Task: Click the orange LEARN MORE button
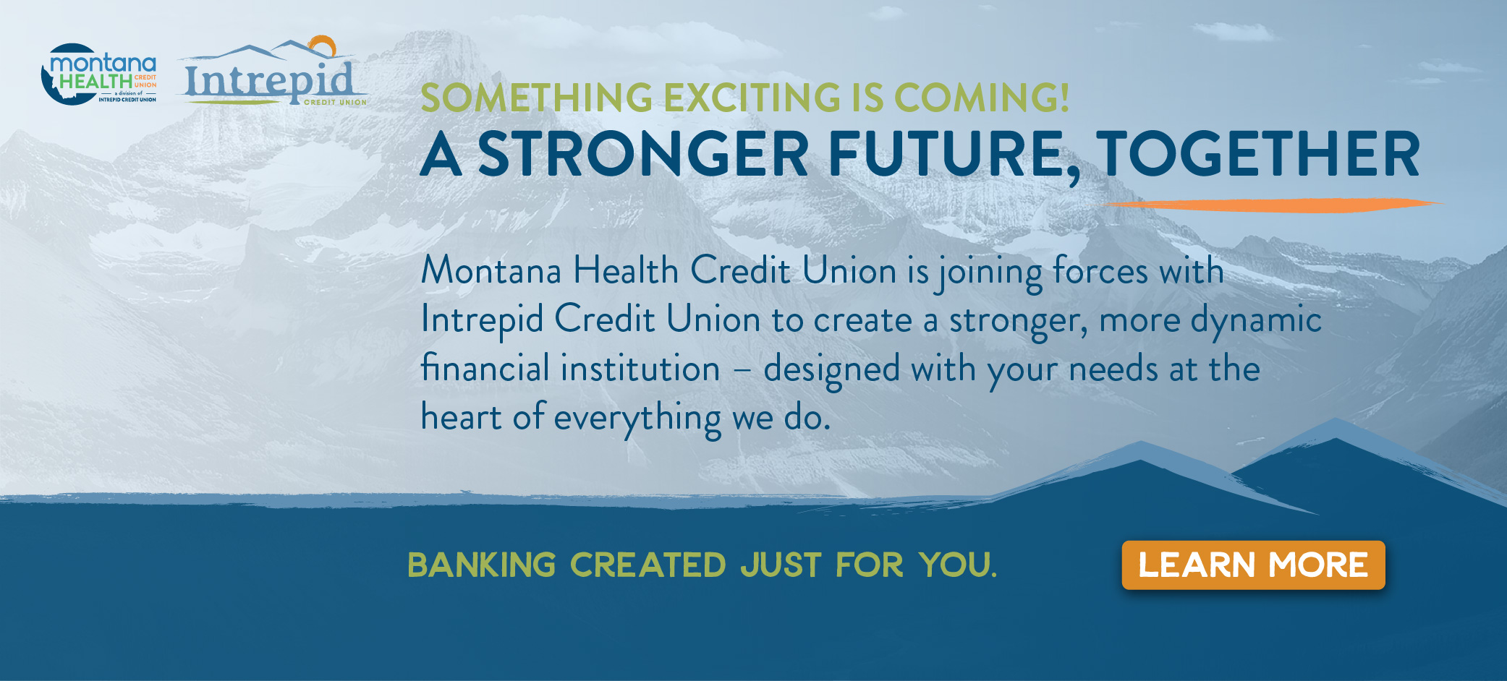click(1253, 565)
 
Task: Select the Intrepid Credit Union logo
click(272, 72)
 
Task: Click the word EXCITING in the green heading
click(752, 98)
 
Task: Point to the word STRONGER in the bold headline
click(642, 155)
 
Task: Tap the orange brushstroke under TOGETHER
click(1274, 205)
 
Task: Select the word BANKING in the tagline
click(482, 565)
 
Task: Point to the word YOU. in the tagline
click(958, 565)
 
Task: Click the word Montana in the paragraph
click(491, 270)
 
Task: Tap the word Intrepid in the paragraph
click(482, 320)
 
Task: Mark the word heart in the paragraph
click(462, 417)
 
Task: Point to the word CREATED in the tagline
click(648, 565)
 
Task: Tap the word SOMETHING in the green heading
click(536, 98)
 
